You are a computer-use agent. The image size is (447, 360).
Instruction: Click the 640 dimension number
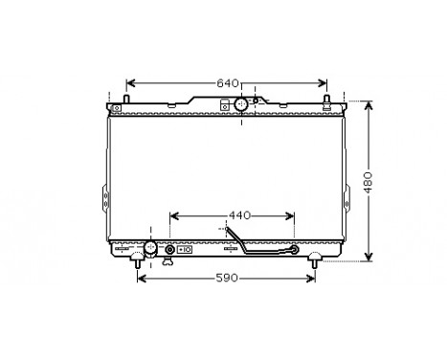pos(228,82)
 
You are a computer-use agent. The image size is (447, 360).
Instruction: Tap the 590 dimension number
pos(225,279)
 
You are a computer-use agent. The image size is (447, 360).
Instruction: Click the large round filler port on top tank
pos(241,102)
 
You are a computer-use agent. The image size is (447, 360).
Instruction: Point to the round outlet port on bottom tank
pos(149,249)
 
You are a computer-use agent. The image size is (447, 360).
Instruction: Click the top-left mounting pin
pos(125,100)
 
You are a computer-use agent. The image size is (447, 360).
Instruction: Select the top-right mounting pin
pos(328,100)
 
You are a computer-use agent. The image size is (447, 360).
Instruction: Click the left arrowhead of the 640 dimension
pos(131,82)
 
